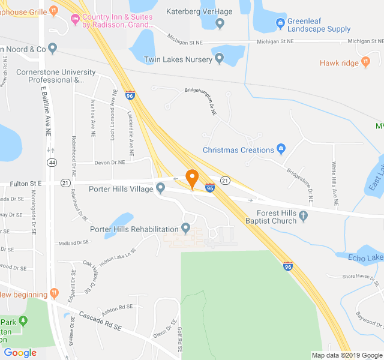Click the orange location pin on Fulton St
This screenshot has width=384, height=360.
[192, 178]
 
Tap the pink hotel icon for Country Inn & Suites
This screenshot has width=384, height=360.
[74, 21]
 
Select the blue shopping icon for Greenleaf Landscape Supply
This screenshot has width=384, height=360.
[280, 23]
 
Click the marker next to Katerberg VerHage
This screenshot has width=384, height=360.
[220, 23]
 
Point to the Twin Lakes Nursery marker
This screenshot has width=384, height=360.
[220, 59]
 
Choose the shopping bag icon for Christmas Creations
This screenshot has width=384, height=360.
[280, 149]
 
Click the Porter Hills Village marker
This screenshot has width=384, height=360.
[160, 189]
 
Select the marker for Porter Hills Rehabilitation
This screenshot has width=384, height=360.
[185, 229]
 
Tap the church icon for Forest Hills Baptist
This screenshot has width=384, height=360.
[303, 216]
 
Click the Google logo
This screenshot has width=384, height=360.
[20, 353]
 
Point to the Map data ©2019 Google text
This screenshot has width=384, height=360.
[347, 355]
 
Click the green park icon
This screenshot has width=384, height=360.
[23, 321]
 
